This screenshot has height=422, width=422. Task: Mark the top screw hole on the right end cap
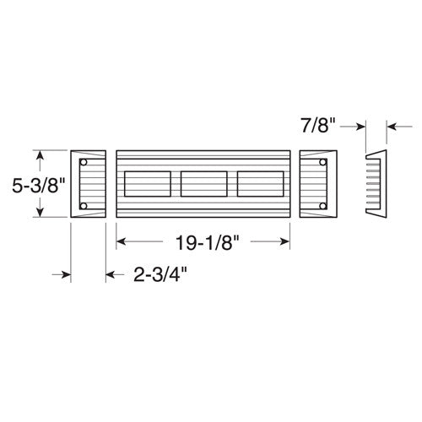click(x=323, y=160)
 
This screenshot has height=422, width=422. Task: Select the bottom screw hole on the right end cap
click(x=323, y=207)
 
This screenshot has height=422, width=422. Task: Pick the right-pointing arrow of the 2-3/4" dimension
click(x=62, y=273)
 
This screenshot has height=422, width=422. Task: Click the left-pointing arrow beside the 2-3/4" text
click(x=111, y=273)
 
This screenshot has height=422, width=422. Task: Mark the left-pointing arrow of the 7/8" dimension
click(x=393, y=128)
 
